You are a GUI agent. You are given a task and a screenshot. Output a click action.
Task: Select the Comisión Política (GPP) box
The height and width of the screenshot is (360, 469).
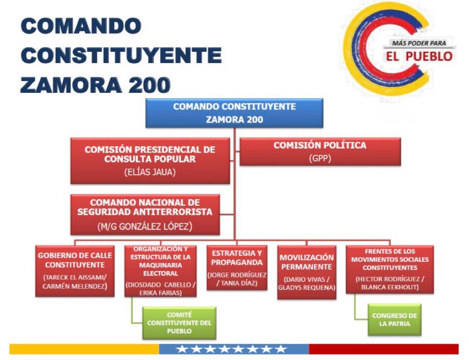320,151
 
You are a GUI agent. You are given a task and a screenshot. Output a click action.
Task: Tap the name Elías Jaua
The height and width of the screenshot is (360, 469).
150,172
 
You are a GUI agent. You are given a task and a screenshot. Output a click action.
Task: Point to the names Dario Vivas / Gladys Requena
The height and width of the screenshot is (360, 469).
306,284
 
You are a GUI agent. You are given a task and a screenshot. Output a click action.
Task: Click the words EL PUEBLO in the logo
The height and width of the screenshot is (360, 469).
418,57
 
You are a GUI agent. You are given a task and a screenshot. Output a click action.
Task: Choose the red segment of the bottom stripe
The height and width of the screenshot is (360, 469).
384,349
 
